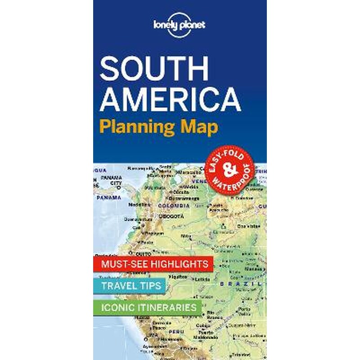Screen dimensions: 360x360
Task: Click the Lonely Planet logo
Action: tap(180, 25)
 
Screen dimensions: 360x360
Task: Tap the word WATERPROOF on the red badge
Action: tap(239, 178)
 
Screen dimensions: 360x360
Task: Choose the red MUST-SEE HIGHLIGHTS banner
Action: tap(151, 264)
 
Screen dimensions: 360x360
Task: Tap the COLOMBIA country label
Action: tap(174, 205)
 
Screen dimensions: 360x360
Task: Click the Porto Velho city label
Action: tap(245, 311)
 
